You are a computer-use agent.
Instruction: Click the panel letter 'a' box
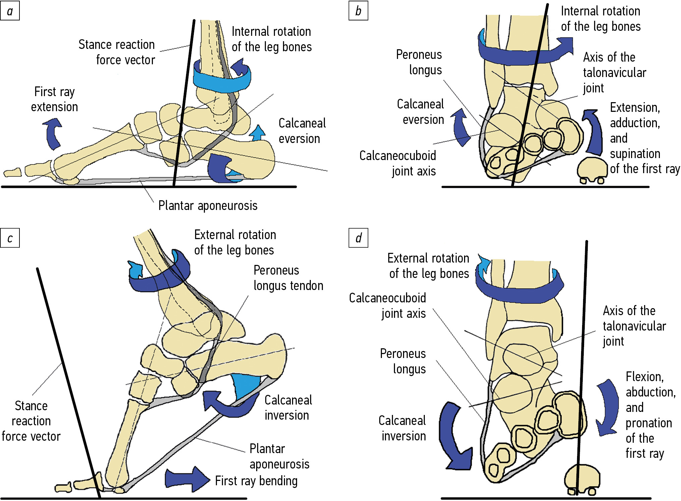[x=10, y=11]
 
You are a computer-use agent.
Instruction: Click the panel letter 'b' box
[x=358, y=11]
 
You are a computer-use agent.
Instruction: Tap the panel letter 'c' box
[x=10, y=238]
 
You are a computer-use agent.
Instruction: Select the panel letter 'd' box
[x=358, y=238]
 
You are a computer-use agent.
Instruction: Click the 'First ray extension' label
[x=54, y=99]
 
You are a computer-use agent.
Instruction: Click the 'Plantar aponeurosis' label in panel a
[x=208, y=206]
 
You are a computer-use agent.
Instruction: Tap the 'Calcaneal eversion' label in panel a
[x=302, y=131]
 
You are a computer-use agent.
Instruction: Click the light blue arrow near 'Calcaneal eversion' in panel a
[x=258, y=133]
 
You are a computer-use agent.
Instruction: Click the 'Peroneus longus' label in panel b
[x=419, y=62]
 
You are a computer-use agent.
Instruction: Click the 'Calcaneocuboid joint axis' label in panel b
[x=398, y=163]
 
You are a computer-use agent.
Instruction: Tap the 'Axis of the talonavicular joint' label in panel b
[x=614, y=73]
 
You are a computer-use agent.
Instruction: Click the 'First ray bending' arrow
[x=186, y=479]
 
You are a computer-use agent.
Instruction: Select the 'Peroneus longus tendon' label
[x=288, y=278]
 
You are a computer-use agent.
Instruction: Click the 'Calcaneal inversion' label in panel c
[x=288, y=408]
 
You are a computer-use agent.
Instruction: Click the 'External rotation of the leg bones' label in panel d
[x=429, y=266]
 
